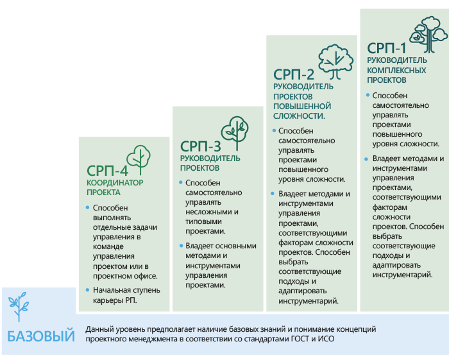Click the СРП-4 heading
click(107, 171)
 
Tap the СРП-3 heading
click(200, 147)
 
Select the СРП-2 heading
click(294, 74)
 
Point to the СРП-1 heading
click(387, 48)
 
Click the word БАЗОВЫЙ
click(41, 336)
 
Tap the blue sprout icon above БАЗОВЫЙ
click(19, 307)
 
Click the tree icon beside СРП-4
click(139, 160)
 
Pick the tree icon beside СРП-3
click(235, 133)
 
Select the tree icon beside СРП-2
click(335, 62)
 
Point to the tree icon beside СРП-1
click(428, 35)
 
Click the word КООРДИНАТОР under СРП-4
click(115, 183)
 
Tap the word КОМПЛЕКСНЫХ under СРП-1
click(396, 71)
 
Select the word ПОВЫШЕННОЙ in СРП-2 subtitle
click(302, 107)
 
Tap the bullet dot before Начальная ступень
click(88, 290)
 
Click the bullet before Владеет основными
click(181, 246)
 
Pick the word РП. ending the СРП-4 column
click(131, 300)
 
